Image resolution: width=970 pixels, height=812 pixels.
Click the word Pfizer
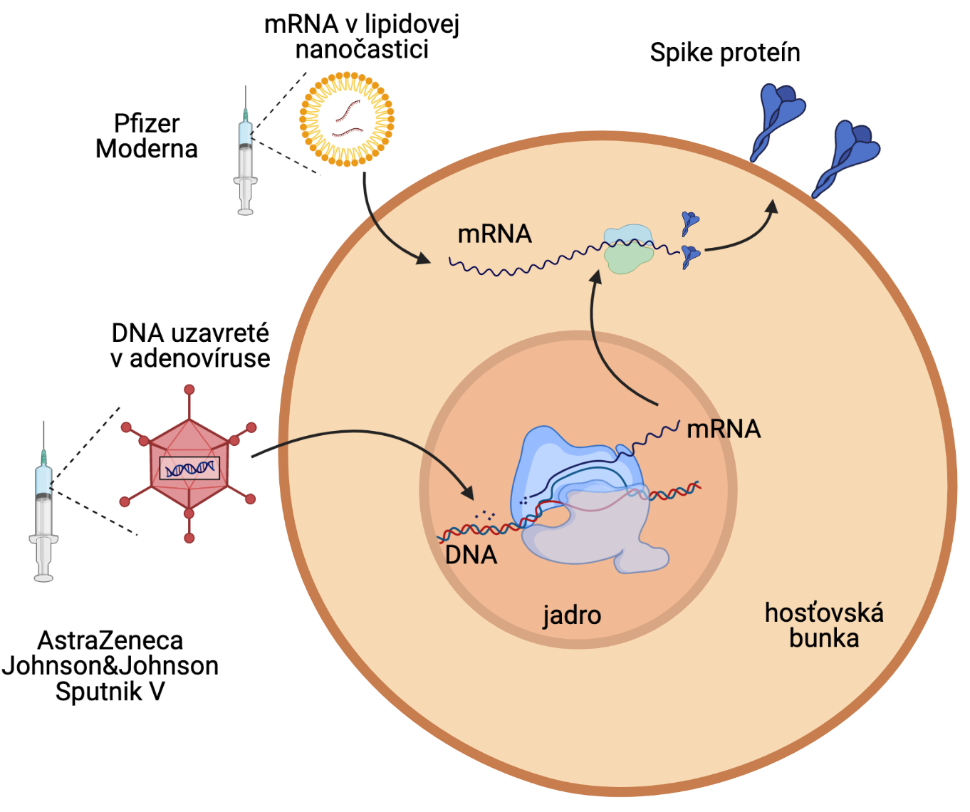pyautogui.click(x=147, y=124)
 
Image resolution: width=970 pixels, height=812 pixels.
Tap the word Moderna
pyautogui.click(x=147, y=149)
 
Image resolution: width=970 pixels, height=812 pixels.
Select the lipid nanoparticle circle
pyautogui.click(x=347, y=119)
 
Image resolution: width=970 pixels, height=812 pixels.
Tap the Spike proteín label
pyautogui.click(x=725, y=53)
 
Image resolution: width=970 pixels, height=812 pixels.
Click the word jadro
pyautogui.click(x=572, y=615)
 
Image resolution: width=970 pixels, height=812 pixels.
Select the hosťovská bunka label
pyautogui.click(x=824, y=625)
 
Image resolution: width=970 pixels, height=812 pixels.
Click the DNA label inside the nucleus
pyautogui.click(x=471, y=555)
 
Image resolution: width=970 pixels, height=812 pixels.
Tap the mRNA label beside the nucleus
pyautogui.click(x=724, y=429)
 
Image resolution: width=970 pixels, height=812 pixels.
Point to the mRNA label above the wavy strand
pyautogui.click(x=494, y=234)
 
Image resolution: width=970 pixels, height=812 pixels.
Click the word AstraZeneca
pyautogui.click(x=110, y=640)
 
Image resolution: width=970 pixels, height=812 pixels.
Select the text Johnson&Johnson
pyautogui.click(x=110, y=665)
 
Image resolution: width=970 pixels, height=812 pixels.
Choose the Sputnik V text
pyautogui.click(x=110, y=691)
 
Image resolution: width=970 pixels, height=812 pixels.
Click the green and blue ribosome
pyautogui.click(x=628, y=249)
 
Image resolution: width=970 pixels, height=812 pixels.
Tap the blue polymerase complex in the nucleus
pyautogui.click(x=577, y=491)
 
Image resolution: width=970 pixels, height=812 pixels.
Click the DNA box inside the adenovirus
pyautogui.click(x=189, y=468)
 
